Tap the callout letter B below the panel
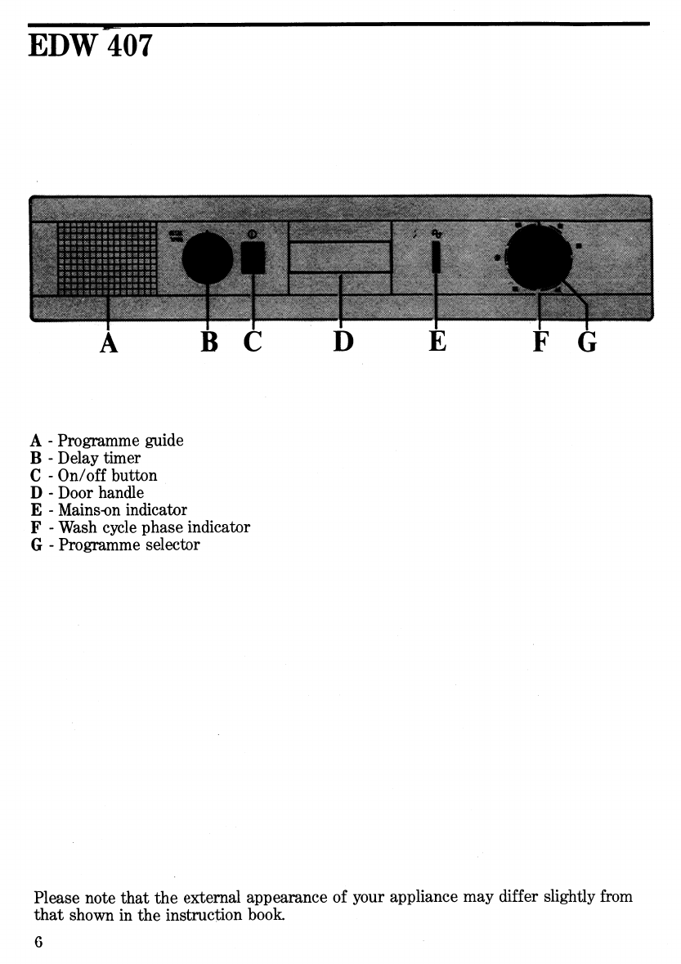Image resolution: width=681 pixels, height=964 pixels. [x=209, y=343]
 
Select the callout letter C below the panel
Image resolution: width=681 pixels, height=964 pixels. [x=253, y=343]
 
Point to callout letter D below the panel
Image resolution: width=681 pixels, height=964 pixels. [x=343, y=343]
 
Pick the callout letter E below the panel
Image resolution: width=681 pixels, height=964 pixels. [x=437, y=343]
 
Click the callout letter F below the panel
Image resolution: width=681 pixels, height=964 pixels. [x=540, y=343]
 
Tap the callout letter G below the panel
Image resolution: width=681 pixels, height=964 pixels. [x=587, y=343]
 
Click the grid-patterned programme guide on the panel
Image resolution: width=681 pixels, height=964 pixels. [x=107, y=258]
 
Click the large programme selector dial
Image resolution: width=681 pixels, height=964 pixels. [x=538, y=258]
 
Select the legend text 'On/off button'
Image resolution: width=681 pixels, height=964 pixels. [x=107, y=476]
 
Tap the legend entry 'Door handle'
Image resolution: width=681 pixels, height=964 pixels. [x=101, y=493]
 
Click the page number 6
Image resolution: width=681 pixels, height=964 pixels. [x=38, y=941]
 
